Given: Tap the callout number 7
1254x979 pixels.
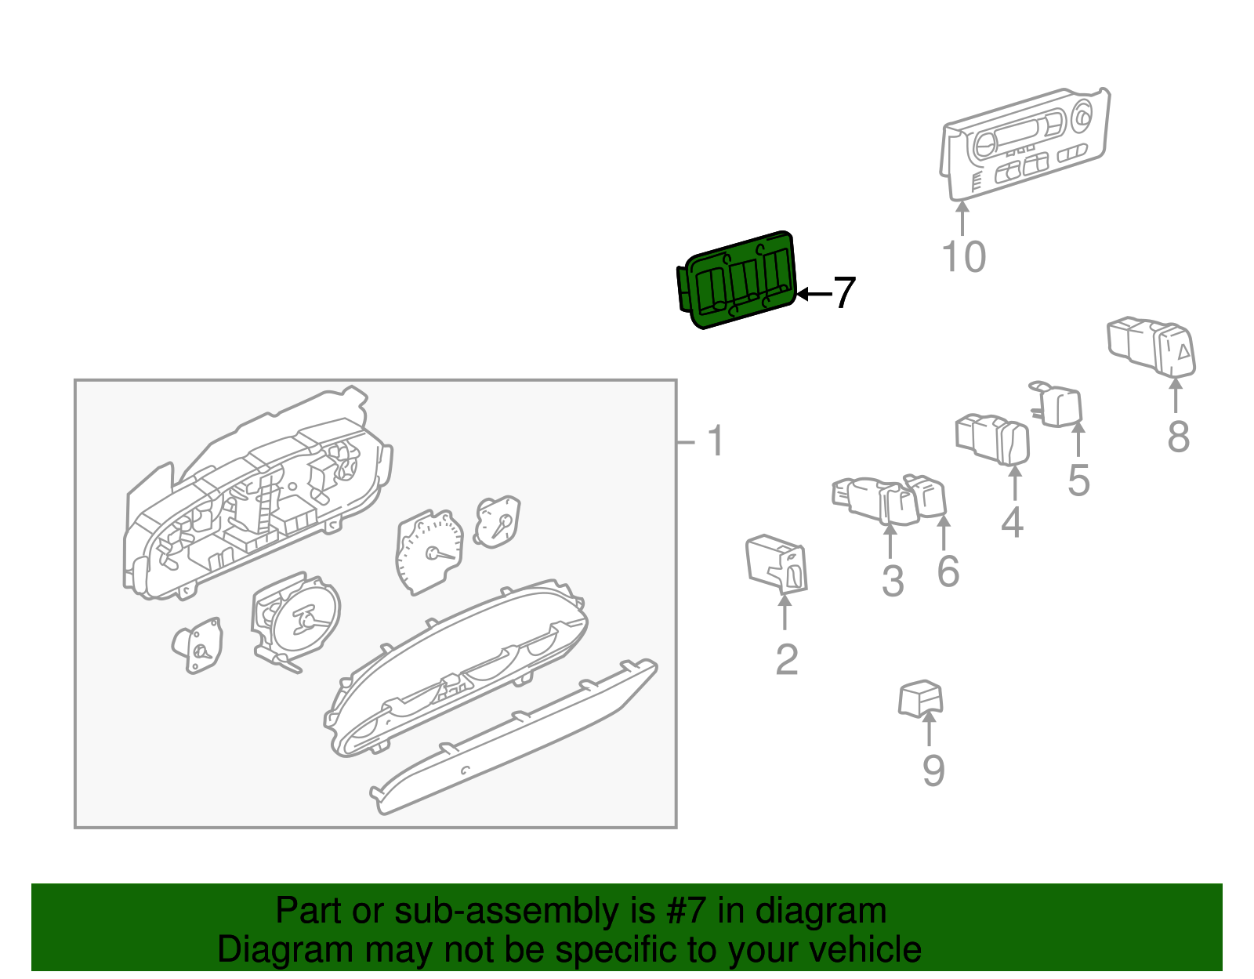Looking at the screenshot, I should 843,293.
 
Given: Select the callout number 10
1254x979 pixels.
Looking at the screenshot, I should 963,257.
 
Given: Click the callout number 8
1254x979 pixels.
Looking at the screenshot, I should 1178,437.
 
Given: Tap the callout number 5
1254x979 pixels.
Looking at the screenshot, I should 1078,480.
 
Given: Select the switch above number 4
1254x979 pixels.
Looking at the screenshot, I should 993,438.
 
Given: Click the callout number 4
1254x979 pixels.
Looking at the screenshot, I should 1012,522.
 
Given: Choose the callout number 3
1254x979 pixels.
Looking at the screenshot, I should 893,581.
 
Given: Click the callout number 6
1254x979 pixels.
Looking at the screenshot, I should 948,571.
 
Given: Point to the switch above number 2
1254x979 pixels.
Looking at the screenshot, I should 776,563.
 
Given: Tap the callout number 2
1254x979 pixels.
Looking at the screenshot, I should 786,659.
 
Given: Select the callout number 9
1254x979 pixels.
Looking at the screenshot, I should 933,771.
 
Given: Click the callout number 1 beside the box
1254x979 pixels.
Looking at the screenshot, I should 715,441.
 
